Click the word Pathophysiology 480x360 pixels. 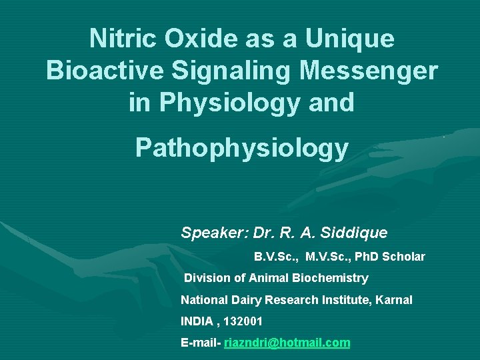click(241, 148)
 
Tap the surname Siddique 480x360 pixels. click(354, 233)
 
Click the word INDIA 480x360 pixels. click(197, 321)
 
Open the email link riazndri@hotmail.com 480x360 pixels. click(287, 343)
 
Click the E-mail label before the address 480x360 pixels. click(200, 343)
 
